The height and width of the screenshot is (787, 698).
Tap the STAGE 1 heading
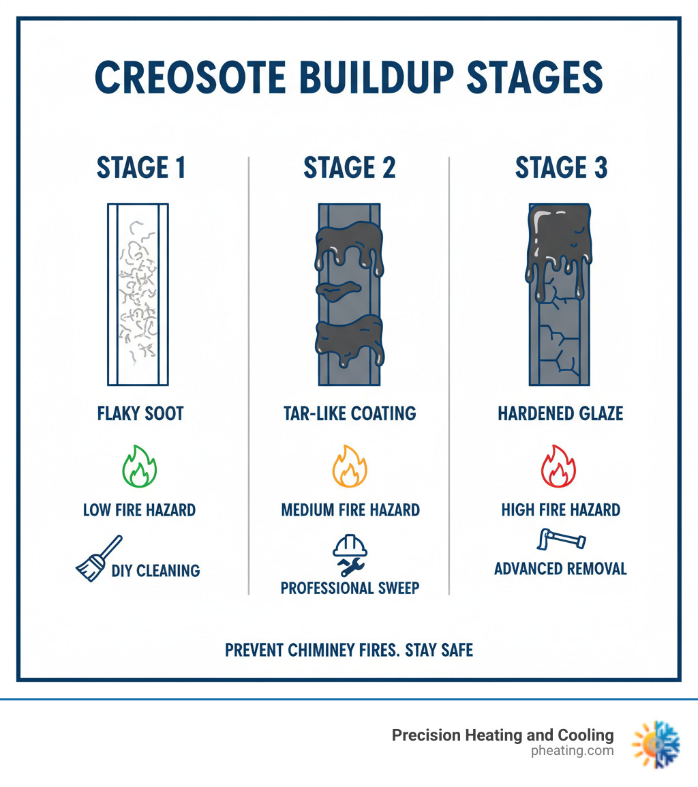(x=141, y=168)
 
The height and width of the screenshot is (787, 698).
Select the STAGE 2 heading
(x=349, y=168)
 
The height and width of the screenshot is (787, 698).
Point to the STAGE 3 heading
(x=560, y=168)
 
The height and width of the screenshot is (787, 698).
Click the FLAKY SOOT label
(x=140, y=413)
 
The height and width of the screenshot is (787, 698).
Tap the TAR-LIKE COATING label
(x=350, y=413)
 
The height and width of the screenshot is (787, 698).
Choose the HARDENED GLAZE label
(x=560, y=413)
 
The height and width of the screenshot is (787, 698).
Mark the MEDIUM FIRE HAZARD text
(x=350, y=509)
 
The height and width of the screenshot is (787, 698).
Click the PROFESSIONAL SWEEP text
(x=350, y=588)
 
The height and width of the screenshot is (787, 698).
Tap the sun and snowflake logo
(x=656, y=745)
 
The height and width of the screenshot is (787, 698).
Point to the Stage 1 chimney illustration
(x=138, y=294)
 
